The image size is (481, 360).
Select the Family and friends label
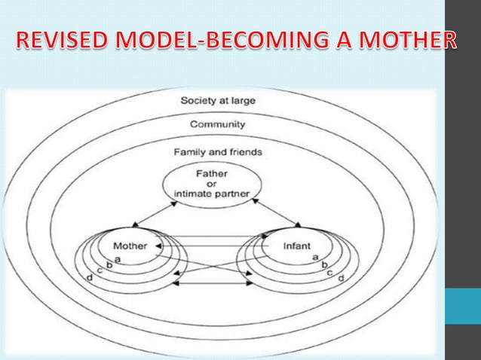click(x=217, y=151)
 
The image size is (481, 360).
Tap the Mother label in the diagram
click(x=130, y=246)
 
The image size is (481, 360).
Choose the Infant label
click(x=296, y=246)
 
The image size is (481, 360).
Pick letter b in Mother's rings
click(x=109, y=264)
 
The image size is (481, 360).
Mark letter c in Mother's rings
click(x=100, y=271)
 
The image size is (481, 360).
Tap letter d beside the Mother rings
click(x=90, y=279)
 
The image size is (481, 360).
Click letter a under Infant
click(x=314, y=258)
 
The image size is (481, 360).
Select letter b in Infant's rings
click(x=324, y=265)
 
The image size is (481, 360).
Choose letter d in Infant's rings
click(x=341, y=279)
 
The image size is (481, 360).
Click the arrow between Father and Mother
click(x=155, y=215)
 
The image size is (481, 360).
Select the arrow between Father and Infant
click(x=276, y=213)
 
